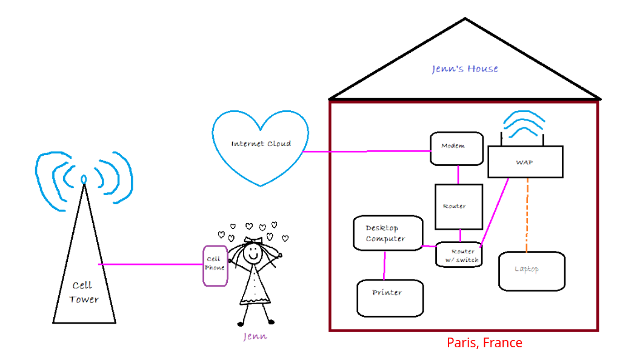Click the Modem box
click(x=456, y=148)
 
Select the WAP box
click(x=525, y=162)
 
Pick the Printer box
click(x=390, y=298)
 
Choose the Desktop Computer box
click(x=387, y=233)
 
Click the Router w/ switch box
click(x=458, y=255)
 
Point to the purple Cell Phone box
click(x=215, y=265)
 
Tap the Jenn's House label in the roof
click(x=465, y=68)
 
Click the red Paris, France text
click(x=484, y=343)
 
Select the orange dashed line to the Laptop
click(x=527, y=215)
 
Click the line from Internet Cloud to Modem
click(x=367, y=151)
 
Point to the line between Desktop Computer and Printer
click(x=385, y=265)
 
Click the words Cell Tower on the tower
click(x=84, y=292)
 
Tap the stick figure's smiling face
click(x=252, y=254)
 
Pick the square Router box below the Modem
click(x=459, y=207)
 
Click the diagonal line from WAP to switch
click(x=495, y=212)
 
